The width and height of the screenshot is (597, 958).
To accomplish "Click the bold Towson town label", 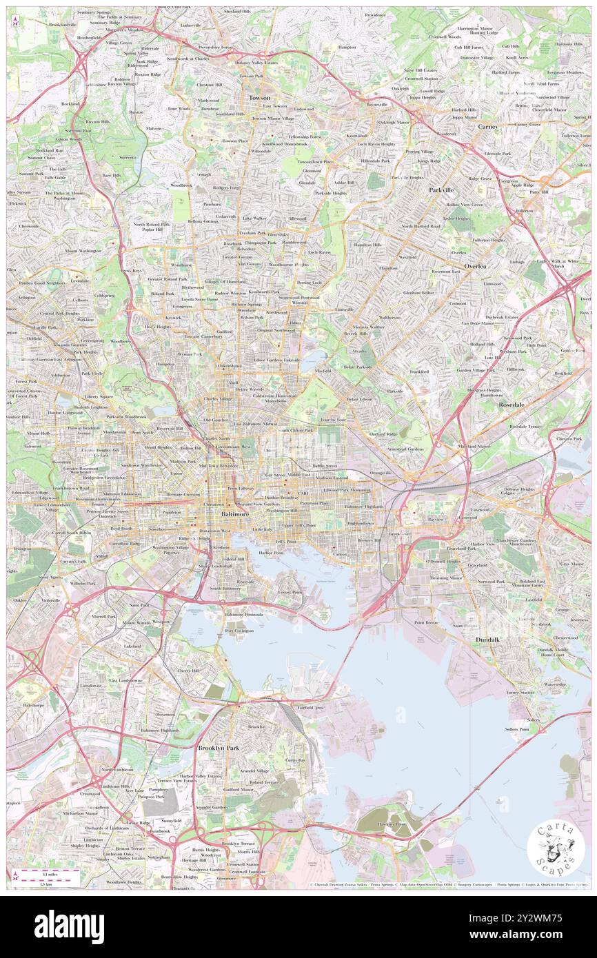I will tap(259, 98).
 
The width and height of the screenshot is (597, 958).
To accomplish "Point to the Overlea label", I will tap(474, 266).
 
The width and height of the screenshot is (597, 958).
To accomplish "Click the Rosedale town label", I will tap(512, 405).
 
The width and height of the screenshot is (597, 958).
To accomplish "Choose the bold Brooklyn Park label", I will tap(219, 747).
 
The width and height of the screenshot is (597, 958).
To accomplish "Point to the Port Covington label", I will tap(239, 631).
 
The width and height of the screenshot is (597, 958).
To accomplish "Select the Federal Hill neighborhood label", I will tap(232, 559).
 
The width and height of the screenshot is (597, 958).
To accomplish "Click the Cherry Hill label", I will tap(190, 670).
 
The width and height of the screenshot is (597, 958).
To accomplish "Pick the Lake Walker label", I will tap(254, 218).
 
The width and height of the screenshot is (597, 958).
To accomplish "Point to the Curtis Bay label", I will tap(294, 760).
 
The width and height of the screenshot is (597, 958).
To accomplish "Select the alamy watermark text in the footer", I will tap(69, 927).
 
